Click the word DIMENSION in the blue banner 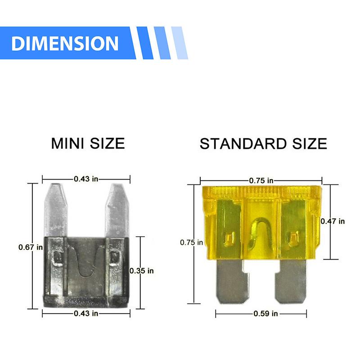pyautogui.click(x=65, y=43)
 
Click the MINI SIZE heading pyautogui.click(x=88, y=144)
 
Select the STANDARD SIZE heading pyautogui.click(x=263, y=144)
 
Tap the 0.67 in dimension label pyautogui.click(x=31, y=247)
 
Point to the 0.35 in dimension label pyautogui.click(x=141, y=271)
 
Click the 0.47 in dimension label pyautogui.click(x=333, y=221)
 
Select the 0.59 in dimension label pyautogui.click(x=265, y=314)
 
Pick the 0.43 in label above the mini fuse pyautogui.click(x=86, y=179)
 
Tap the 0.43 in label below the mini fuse pyautogui.click(x=86, y=313)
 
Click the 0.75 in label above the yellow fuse pyautogui.click(x=261, y=181)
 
